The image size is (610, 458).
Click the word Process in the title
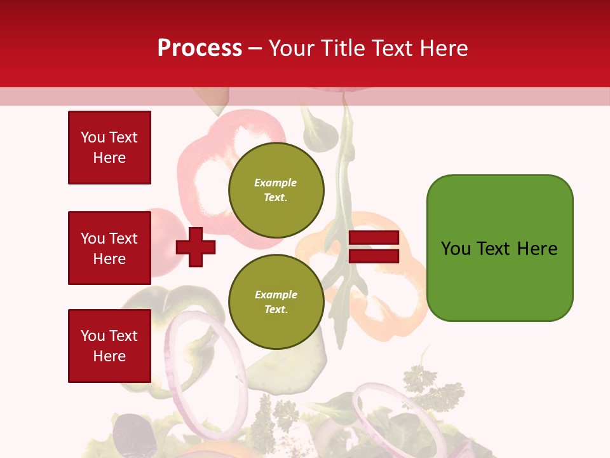pyautogui.click(x=200, y=48)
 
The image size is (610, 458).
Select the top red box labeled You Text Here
pyautogui.click(x=109, y=148)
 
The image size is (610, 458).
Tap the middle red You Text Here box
pyautogui.click(x=109, y=248)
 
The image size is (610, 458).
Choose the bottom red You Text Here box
pyautogui.click(x=109, y=345)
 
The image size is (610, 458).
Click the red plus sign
pyautogui.click(x=196, y=247)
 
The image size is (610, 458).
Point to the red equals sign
pyautogui.click(x=374, y=247)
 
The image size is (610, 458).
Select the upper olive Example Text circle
pyautogui.click(x=276, y=190)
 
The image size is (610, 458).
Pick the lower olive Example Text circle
pyautogui.click(x=276, y=302)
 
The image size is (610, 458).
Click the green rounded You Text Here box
pyautogui.click(x=499, y=248)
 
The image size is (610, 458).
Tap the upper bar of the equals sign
pyautogui.click(x=374, y=238)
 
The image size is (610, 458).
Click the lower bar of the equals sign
pyautogui.click(x=374, y=256)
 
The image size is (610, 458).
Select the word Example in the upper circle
pyautogui.click(x=276, y=183)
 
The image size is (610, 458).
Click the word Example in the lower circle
pyautogui.click(x=276, y=295)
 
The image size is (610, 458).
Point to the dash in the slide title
pyautogui.click(x=255, y=48)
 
